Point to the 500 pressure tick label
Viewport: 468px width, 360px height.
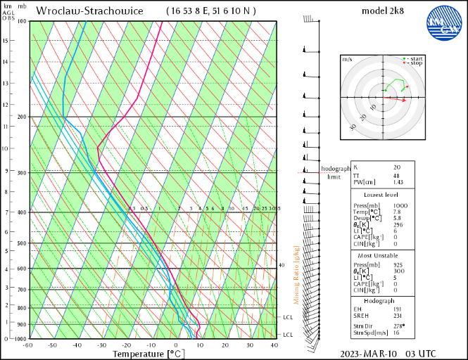21,244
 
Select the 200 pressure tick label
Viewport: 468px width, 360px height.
21,117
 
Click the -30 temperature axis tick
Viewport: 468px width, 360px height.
102,345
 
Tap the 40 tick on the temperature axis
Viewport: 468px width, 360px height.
274,345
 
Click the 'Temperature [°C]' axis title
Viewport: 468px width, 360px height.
150,354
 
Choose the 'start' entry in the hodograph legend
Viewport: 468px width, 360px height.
415,58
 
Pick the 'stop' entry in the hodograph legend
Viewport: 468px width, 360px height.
415,63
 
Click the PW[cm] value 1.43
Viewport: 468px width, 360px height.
398,182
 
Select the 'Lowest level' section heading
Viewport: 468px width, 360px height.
382,194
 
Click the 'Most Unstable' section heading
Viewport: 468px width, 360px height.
382,255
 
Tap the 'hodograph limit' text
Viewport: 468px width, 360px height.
335,173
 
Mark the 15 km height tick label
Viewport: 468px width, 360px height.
6,40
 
